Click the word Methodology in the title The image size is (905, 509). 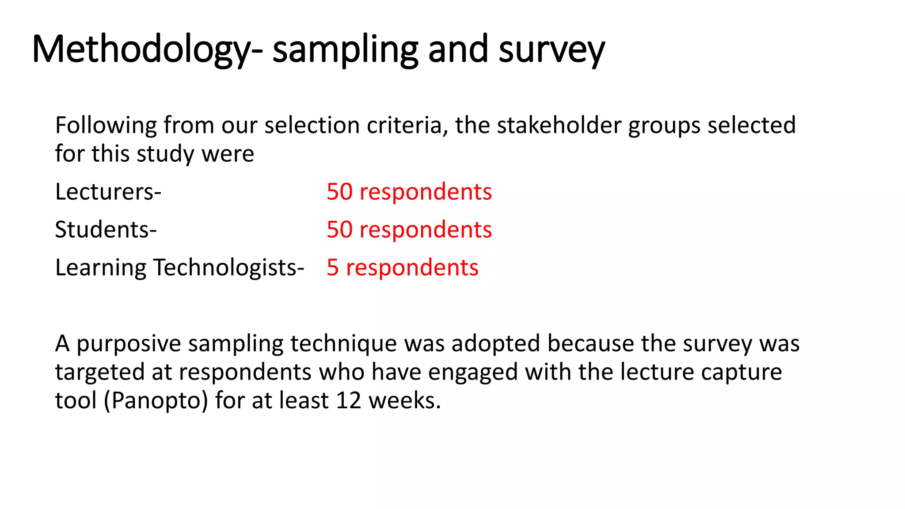pyautogui.click(x=141, y=49)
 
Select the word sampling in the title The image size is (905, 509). pyautogui.click(x=345, y=49)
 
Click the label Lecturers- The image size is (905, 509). pyautogui.click(x=108, y=192)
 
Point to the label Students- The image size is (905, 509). pyautogui.click(x=106, y=230)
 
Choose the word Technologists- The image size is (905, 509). pyautogui.click(x=228, y=268)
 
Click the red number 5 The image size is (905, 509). pyautogui.click(x=333, y=268)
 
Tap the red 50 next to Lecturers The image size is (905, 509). pyautogui.click(x=339, y=192)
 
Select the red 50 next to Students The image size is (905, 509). pyautogui.click(x=339, y=230)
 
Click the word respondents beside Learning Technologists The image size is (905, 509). pyautogui.click(x=412, y=268)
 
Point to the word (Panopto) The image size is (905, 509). pyautogui.click(x=156, y=401)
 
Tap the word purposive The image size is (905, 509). pyautogui.click(x=129, y=344)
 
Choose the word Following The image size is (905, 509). pyautogui.click(x=106, y=125)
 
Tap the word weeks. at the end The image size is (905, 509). pyautogui.click(x=405, y=401)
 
